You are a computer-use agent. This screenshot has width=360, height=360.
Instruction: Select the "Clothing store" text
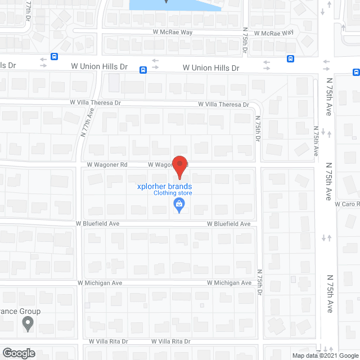(173, 193)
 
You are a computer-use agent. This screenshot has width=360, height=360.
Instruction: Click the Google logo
(18, 353)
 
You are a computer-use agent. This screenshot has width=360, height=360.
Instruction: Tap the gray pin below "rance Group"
(26, 324)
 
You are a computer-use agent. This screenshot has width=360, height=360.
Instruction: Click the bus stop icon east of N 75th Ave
(356, 72)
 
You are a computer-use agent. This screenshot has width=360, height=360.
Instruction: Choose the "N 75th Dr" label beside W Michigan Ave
(260, 282)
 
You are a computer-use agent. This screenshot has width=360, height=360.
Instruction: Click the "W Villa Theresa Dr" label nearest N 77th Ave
(96, 103)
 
